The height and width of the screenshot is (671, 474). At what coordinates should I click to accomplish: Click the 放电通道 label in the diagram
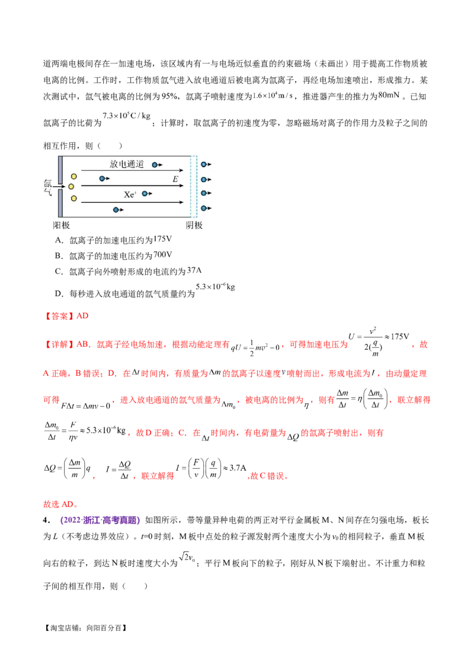point(127,164)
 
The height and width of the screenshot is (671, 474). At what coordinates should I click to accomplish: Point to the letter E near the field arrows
point(175,178)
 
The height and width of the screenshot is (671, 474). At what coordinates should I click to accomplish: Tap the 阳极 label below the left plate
point(62,225)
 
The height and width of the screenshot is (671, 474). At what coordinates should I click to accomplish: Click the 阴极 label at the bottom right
point(194,225)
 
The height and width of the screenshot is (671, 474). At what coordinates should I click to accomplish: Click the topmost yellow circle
point(73,176)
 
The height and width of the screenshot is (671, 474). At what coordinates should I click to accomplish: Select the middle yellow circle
point(71,187)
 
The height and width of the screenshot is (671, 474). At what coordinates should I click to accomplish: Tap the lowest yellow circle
point(73,198)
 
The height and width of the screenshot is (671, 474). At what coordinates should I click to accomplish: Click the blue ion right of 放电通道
point(155,164)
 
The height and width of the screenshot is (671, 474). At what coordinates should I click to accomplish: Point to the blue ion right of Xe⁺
point(145,194)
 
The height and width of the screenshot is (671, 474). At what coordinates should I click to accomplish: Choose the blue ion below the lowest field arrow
point(116,209)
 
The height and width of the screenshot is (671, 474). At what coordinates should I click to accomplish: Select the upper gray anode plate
point(60,168)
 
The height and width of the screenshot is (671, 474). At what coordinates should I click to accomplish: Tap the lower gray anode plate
point(60,203)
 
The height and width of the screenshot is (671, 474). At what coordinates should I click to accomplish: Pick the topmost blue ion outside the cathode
point(204,164)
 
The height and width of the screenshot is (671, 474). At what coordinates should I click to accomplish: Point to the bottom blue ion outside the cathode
point(204,207)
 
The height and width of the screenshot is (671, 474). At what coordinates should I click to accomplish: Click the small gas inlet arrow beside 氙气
point(59,186)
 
